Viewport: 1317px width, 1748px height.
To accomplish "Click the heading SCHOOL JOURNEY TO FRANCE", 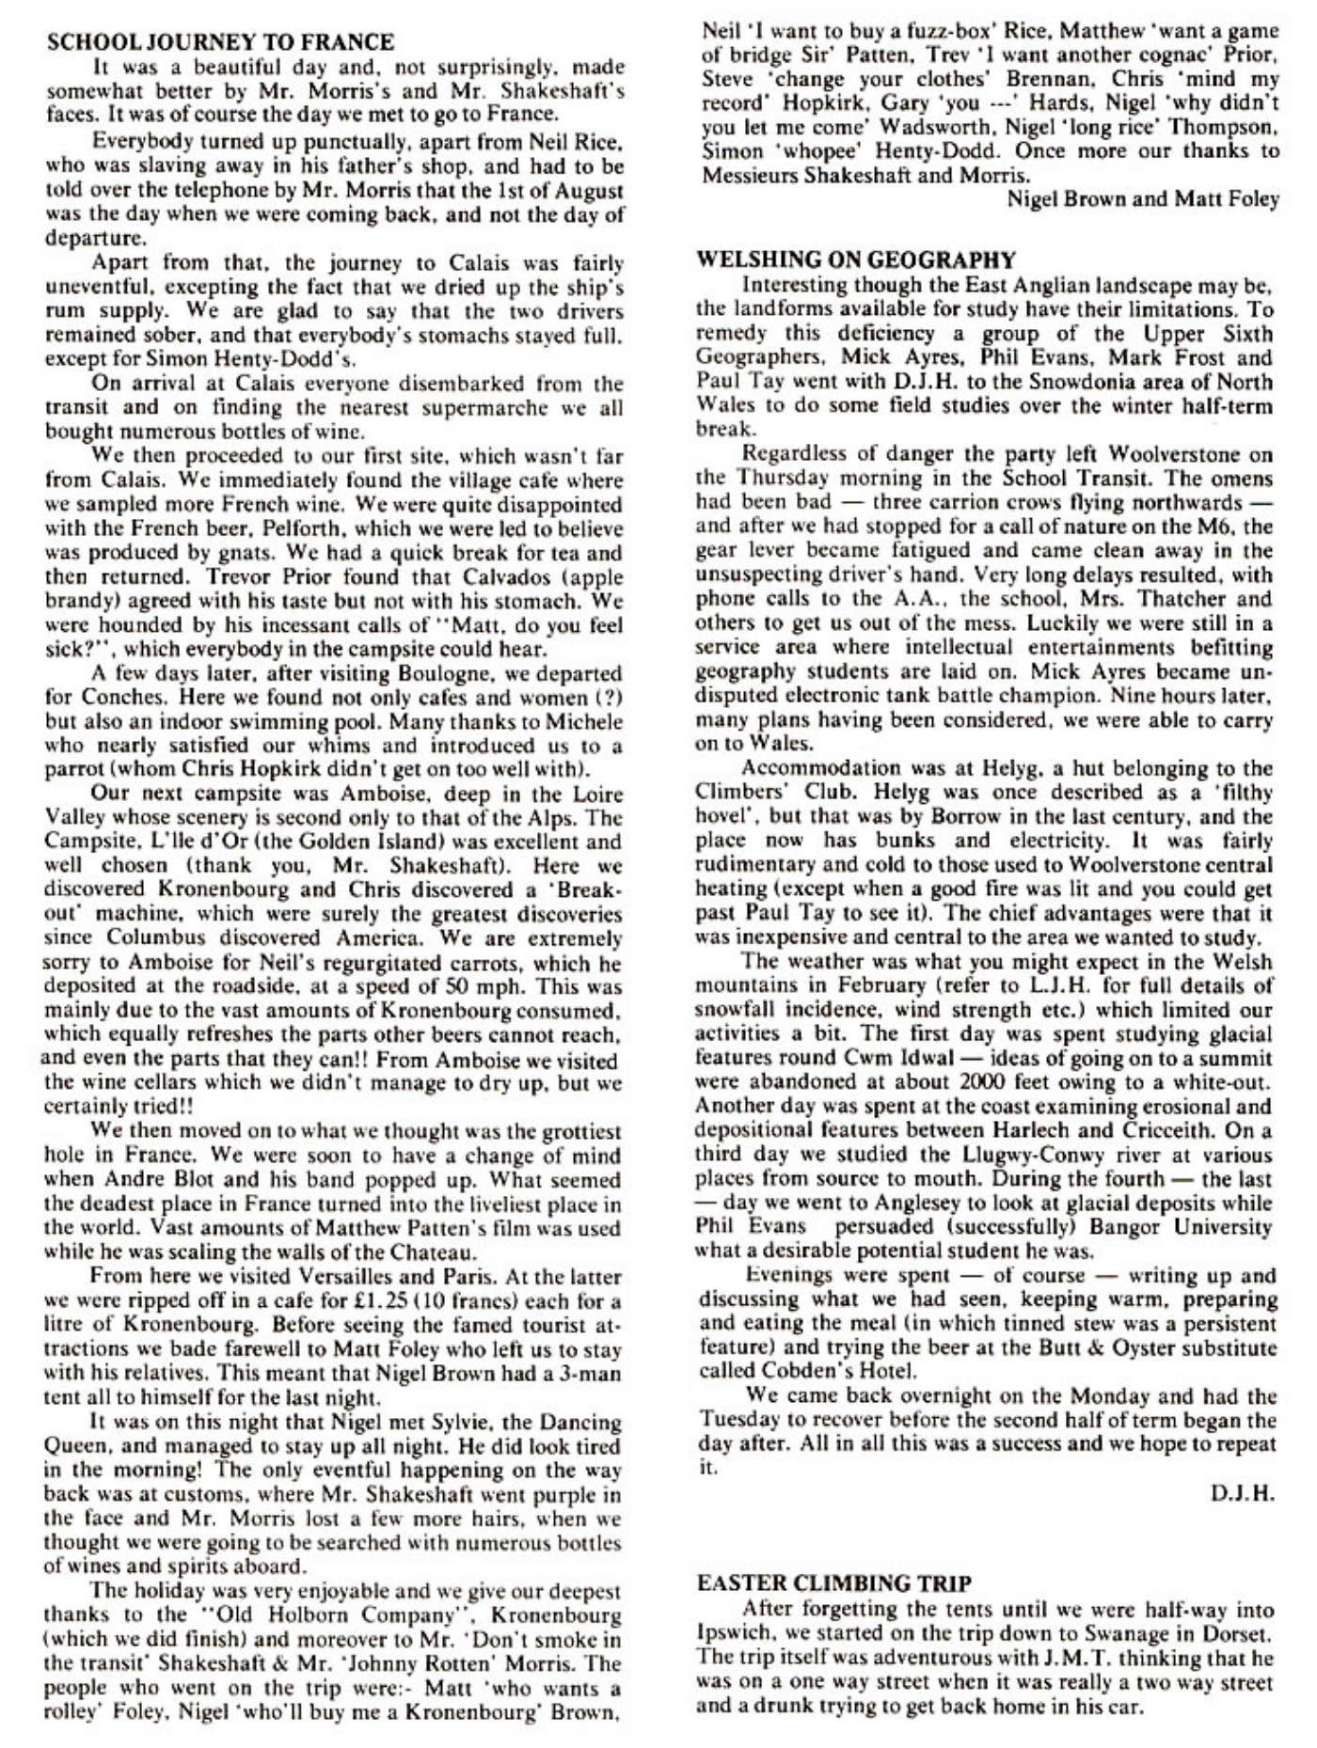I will [x=220, y=42].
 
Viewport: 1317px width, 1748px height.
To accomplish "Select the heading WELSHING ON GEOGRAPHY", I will [x=855, y=260].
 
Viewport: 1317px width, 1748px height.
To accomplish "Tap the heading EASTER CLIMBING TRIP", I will [x=834, y=1583].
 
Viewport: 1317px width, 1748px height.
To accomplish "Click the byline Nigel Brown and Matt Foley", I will [x=1143, y=199].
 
